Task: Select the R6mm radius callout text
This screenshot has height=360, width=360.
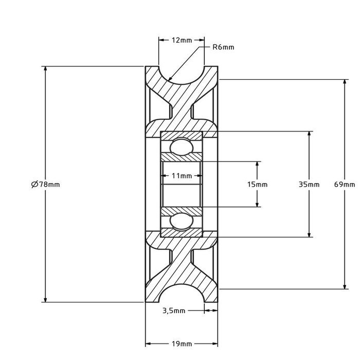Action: pos(223,47)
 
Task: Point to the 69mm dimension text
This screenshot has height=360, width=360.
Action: pos(344,184)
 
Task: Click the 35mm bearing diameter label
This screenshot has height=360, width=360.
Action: pos(309,184)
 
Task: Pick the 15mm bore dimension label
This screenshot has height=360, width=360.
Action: pos(258,184)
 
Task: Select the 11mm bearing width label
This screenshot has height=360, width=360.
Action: pos(182,176)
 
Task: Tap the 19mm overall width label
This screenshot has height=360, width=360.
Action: pos(182,344)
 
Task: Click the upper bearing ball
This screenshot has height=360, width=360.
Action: pos(181,146)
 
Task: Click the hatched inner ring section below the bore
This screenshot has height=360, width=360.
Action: pos(182,211)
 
